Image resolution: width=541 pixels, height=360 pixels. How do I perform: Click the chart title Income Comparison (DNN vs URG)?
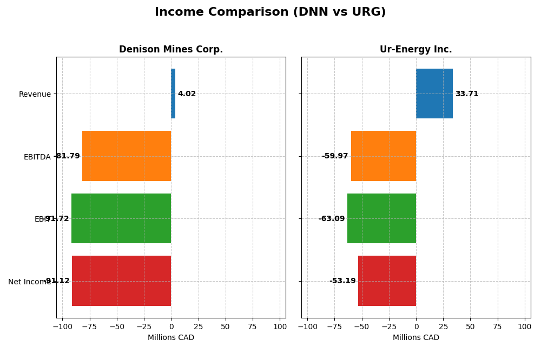[x=270, y=12]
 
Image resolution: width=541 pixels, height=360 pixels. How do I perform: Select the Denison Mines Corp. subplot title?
[x=170, y=49]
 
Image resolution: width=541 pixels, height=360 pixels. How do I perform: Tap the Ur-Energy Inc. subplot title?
[x=415, y=49]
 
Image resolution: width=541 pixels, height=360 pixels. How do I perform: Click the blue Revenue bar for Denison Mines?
[x=173, y=94]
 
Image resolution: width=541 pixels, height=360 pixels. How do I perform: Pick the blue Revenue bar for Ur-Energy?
[x=434, y=94]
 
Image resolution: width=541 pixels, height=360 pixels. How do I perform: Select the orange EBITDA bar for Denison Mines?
[x=127, y=156]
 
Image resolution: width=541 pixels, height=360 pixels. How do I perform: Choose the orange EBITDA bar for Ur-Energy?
[x=384, y=156]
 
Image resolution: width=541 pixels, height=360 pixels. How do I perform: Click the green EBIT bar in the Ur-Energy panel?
[x=381, y=218]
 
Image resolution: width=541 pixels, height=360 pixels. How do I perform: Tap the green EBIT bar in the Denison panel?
[x=121, y=218]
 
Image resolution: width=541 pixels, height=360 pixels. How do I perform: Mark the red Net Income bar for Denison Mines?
[x=121, y=281]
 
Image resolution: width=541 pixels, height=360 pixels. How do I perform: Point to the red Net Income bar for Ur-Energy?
[x=387, y=281]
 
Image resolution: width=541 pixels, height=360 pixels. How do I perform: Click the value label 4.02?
[x=187, y=94]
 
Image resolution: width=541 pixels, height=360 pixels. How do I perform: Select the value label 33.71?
[x=466, y=94]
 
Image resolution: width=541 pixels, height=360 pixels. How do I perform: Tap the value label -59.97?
[x=335, y=156]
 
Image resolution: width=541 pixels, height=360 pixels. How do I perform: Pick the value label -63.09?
[x=332, y=219]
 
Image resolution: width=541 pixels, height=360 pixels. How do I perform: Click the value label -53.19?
[x=342, y=281]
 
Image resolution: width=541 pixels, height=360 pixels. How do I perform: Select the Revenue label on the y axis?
[x=35, y=95]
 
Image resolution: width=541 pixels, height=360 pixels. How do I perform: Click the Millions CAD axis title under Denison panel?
[x=170, y=338]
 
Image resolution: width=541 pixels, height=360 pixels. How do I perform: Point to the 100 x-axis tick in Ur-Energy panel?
[x=524, y=327]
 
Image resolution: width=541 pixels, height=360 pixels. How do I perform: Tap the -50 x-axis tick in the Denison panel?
[x=116, y=327]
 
